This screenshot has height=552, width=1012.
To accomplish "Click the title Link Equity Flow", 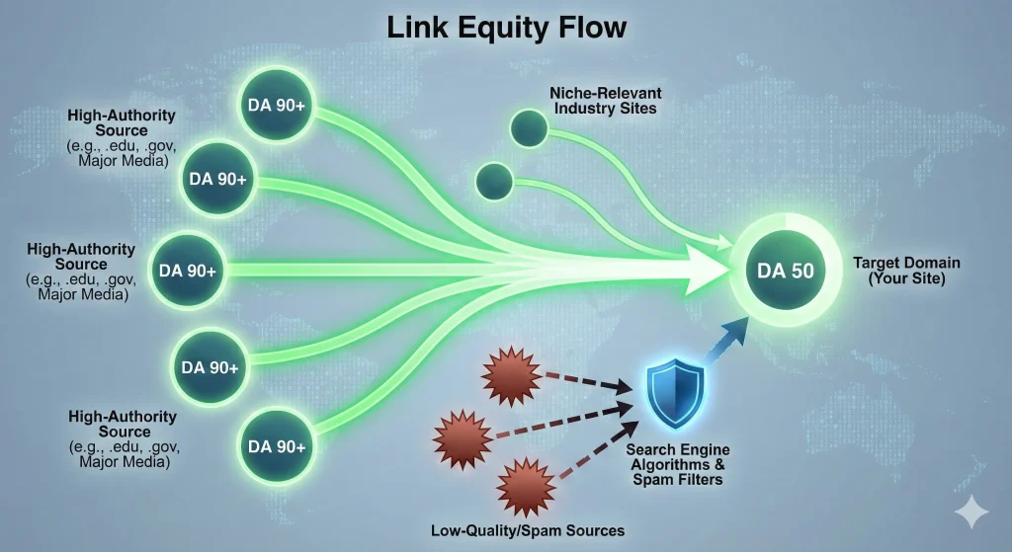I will click(x=506, y=27).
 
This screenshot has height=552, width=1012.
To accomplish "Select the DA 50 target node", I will click(x=786, y=270).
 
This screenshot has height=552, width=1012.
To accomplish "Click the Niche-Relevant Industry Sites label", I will click(x=602, y=100).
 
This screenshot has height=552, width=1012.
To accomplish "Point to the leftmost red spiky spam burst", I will click(x=460, y=433).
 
